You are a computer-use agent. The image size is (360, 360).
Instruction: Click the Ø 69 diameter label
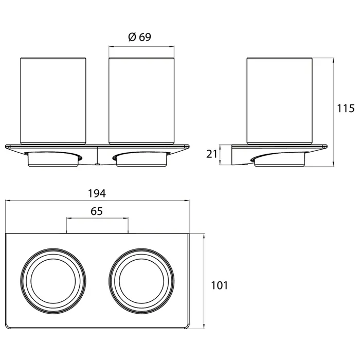click(139, 37)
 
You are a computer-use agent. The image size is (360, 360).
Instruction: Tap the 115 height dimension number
click(346, 109)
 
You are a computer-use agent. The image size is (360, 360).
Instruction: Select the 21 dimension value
click(211, 154)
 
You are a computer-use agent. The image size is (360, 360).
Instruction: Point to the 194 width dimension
click(97, 193)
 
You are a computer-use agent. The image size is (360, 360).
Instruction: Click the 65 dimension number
click(97, 211)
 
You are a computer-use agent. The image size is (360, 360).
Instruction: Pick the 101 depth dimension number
click(220, 285)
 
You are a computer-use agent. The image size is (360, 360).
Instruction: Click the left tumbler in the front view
click(53, 101)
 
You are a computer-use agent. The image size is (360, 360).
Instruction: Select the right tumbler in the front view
click(141, 101)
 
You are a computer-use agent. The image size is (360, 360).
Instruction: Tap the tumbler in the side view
click(279, 101)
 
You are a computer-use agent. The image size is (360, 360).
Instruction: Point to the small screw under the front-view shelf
click(97, 165)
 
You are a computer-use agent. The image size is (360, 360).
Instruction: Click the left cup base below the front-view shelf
click(53, 159)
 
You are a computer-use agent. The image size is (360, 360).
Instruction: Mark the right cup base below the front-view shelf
click(141, 159)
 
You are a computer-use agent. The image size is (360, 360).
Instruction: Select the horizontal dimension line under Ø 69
click(141, 47)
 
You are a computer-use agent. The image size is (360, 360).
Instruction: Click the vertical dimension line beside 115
click(333, 112)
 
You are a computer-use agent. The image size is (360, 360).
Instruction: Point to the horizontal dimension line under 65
click(97, 218)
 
